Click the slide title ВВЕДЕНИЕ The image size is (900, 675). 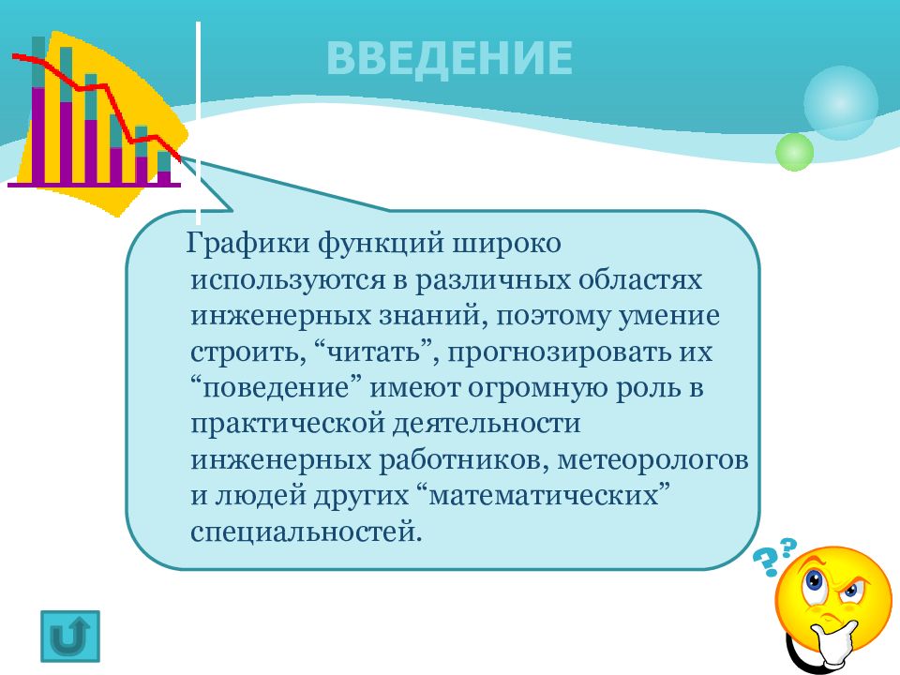click(x=449, y=57)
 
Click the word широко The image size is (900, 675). click(x=509, y=246)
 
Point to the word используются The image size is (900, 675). click(x=279, y=281)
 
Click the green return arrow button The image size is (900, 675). click(x=70, y=637)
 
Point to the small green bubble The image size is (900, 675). click(x=795, y=151)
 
